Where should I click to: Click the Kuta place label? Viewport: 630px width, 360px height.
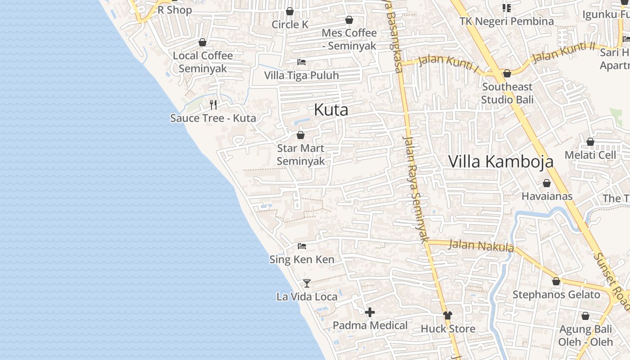331,110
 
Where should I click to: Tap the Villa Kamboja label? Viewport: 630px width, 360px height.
501,162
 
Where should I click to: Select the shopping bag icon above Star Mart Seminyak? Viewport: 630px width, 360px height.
301,135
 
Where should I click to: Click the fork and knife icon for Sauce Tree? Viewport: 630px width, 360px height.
213,105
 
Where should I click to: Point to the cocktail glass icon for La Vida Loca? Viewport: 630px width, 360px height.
307,283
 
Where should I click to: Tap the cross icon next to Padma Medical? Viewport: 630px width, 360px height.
370,312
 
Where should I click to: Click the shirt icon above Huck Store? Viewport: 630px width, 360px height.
447,315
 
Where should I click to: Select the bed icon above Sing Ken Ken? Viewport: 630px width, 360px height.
302,246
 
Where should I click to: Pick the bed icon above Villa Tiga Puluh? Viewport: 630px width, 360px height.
301,62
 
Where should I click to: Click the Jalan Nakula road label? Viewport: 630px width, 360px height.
481,246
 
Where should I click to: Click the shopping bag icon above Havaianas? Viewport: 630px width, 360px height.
547,183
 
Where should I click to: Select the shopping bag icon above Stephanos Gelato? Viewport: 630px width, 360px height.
556,281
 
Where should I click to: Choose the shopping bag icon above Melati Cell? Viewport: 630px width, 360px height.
590,142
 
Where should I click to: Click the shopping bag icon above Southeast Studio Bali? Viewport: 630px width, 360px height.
507,73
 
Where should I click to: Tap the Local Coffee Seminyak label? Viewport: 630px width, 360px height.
203,62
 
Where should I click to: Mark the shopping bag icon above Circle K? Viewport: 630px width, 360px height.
290,11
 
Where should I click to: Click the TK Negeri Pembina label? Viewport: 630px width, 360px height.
507,21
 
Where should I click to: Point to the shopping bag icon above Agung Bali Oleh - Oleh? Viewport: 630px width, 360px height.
585,316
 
